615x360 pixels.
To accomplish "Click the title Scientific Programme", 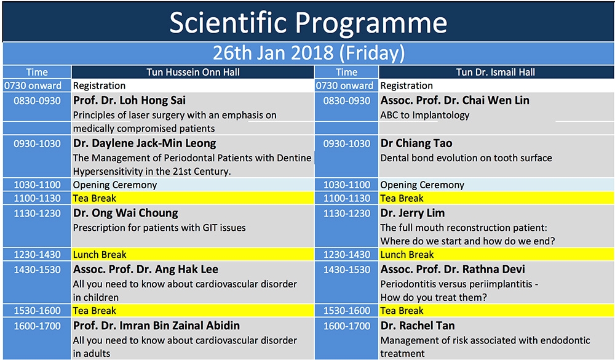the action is (x=308, y=22).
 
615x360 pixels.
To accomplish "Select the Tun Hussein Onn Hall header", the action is (x=193, y=72).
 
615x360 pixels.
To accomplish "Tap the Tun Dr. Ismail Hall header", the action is (x=495, y=72).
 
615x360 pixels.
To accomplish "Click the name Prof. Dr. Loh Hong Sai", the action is (x=129, y=100).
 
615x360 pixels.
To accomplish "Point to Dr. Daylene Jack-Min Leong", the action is (x=145, y=143).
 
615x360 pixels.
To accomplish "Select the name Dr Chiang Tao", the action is (x=416, y=143).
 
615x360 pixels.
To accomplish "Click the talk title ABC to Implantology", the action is (x=425, y=116).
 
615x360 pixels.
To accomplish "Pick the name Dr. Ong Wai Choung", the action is (x=125, y=213).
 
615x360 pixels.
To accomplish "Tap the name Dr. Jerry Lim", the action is (x=413, y=213).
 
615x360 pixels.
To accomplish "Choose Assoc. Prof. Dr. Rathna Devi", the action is (x=453, y=270).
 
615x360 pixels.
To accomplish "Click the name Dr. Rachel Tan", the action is (x=418, y=326).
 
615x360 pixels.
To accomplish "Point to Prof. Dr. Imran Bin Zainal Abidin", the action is (x=156, y=326).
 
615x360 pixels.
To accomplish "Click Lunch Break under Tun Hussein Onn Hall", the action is (x=100, y=254).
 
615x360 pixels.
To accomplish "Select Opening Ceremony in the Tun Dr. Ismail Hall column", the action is (x=423, y=185).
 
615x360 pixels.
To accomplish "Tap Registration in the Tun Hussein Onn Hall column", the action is (x=99, y=86).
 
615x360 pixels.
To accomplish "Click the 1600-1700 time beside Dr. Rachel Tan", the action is (x=347, y=326).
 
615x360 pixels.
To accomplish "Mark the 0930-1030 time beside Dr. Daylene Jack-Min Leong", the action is (x=38, y=144).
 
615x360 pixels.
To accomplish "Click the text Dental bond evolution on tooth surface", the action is (x=466, y=158).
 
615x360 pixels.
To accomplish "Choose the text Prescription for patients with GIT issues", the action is (x=160, y=228).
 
